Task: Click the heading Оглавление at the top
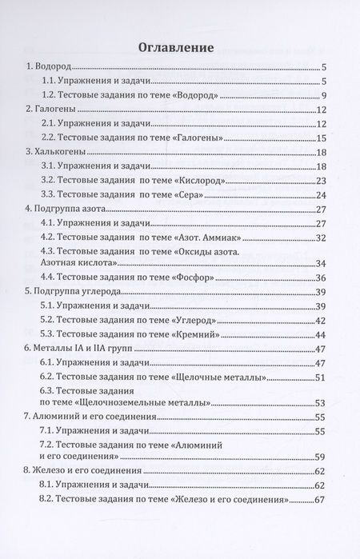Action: (176, 46)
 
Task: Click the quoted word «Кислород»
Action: (194, 181)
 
